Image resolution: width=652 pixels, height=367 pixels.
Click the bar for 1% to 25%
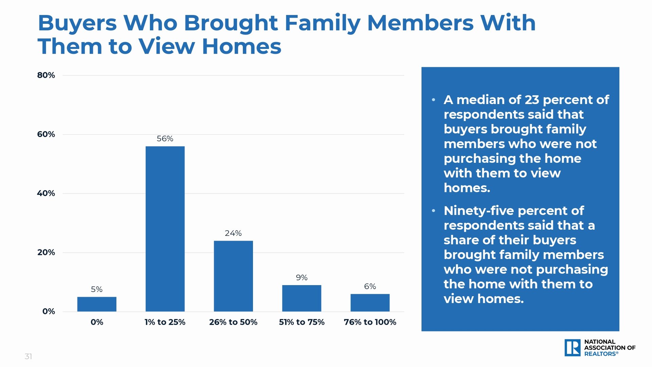[x=165, y=229]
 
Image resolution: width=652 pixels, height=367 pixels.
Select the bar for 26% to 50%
[x=233, y=276]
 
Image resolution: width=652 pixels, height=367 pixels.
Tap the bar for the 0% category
[x=97, y=304]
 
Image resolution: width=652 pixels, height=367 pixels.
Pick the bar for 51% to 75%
[x=302, y=298]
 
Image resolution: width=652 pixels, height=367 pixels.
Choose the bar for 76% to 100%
[x=370, y=303]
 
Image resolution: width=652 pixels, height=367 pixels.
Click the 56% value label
[x=165, y=139]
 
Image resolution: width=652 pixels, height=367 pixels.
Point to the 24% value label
[x=233, y=233]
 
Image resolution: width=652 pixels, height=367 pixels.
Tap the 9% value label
[x=302, y=278]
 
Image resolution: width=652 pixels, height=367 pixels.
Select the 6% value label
[x=370, y=286]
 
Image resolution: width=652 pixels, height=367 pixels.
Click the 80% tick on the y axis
[x=46, y=75]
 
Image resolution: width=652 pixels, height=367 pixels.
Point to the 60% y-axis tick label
[x=46, y=134]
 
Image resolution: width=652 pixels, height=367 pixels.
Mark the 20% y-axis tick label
[x=46, y=252]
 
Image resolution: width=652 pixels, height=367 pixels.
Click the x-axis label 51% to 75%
[x=302, y=322]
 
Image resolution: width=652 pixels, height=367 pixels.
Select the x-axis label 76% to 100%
[x=370, y=322]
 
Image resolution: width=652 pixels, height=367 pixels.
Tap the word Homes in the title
[x=242, y=47]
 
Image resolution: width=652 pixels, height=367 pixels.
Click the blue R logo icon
[x=573, y=348]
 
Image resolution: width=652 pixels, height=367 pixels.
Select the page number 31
[x=28, y=356]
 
